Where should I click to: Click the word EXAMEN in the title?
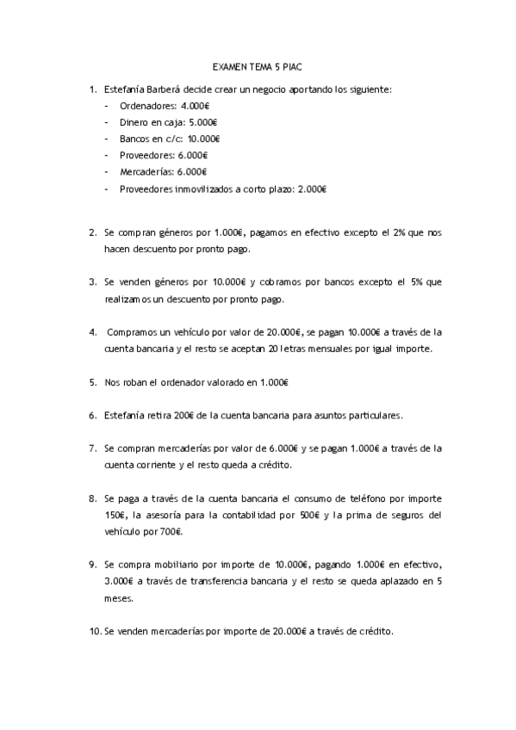[x=227, y=66]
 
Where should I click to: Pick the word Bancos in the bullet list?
[x=134, y=139]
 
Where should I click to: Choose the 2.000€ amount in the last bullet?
[x=312, y=189]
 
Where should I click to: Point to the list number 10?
[x=95, y=631]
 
